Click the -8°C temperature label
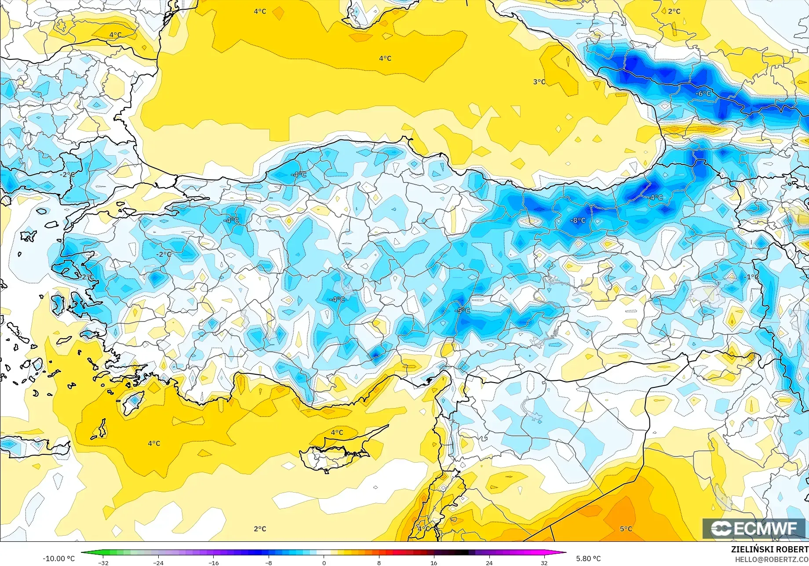point(578,220)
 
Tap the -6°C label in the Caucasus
point(703,93)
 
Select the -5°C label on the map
point(462,310)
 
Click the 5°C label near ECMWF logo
point(626,529)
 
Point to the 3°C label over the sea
point(539,82)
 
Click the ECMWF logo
point(754,528)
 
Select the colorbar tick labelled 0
point(324,562)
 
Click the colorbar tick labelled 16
point(434,562)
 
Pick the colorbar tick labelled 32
point(544,562)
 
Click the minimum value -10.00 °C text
point(58,559)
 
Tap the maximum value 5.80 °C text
point(588,559)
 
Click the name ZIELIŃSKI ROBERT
point(769,549)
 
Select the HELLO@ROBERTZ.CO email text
point(772,559)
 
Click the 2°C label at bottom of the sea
point(260,529)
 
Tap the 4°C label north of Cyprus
point(337,432)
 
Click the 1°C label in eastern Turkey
point(752,277)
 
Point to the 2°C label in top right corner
point(674,11)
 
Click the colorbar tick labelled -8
point(269,562)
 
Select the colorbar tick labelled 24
point(489,562)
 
